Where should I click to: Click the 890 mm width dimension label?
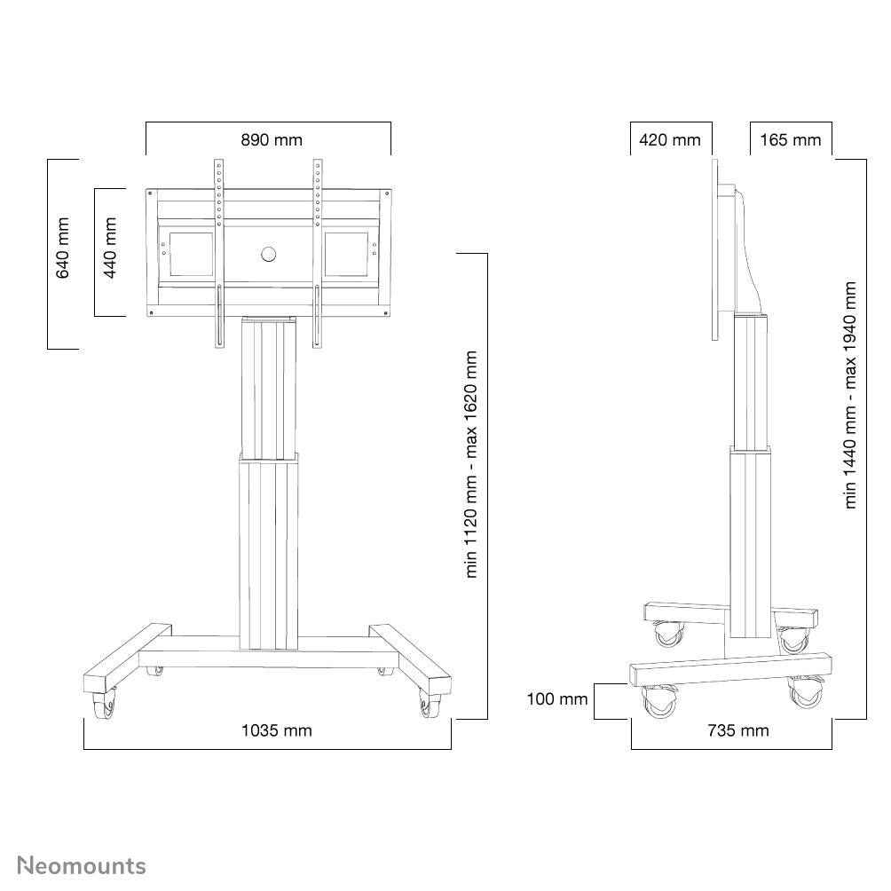pos(271,140)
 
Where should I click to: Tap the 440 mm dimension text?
pos(111,248)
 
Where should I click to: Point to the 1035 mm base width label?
pos(277,730)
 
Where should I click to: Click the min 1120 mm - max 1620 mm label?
pos(471,464)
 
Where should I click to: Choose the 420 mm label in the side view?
pos(670,140)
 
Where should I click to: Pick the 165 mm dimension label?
pos(791,140)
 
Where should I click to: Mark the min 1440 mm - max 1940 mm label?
pos(850,395)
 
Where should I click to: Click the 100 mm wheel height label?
pos(556,699)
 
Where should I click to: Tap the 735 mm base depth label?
pos(737,730)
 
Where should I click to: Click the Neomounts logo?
pos(82,865)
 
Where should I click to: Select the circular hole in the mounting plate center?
pos(269,255)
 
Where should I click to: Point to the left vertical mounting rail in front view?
pos(218,253)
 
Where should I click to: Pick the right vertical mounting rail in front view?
pos(316,253)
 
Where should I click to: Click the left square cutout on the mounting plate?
pos(185,255)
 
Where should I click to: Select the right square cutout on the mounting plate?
pos(346,255)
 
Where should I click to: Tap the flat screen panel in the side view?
pos(715,248)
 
